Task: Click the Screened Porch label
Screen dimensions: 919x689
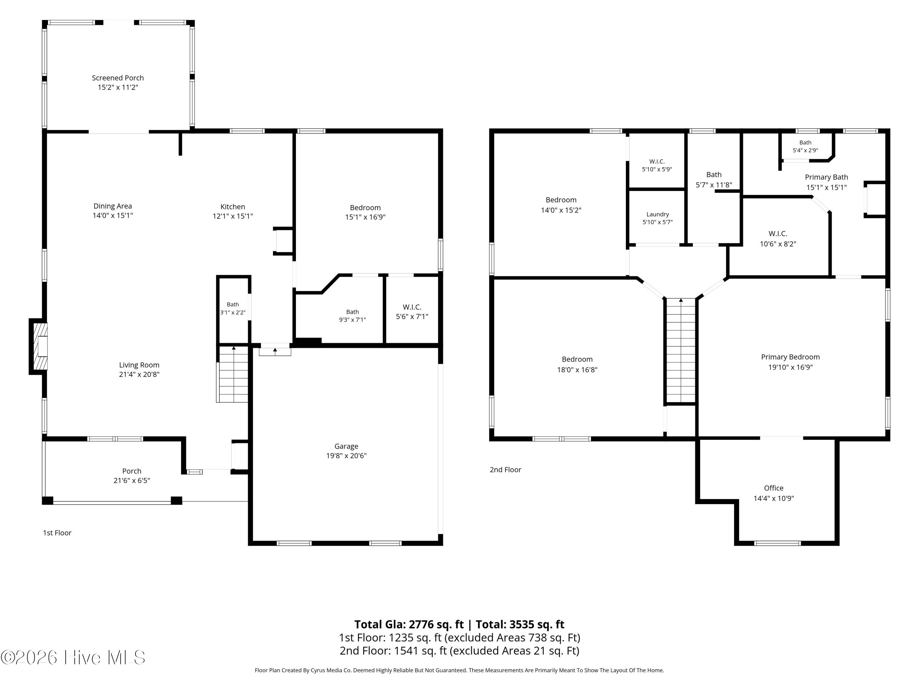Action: coord(118,78)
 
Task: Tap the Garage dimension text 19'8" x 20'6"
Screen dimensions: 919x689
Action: coord(346,456)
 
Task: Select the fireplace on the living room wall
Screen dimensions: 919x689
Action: coord(38,346)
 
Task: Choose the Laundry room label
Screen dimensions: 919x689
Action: coord(657,214)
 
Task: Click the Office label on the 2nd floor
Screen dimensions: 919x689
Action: coord(773,488)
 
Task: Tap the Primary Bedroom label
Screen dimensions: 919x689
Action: coord(790,357)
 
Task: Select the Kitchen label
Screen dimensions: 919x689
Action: coord(233,206)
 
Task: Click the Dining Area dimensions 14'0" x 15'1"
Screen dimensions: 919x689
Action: coord(113,215)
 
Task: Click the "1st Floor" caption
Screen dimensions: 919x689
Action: coord(57,533)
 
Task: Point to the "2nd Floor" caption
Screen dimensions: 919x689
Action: coord(505,470)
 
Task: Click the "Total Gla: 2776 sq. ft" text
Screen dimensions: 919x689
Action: coord(409,624)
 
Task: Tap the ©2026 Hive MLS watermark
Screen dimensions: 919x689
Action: coord(73,657)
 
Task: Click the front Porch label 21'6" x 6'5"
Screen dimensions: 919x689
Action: coord(132,476)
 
